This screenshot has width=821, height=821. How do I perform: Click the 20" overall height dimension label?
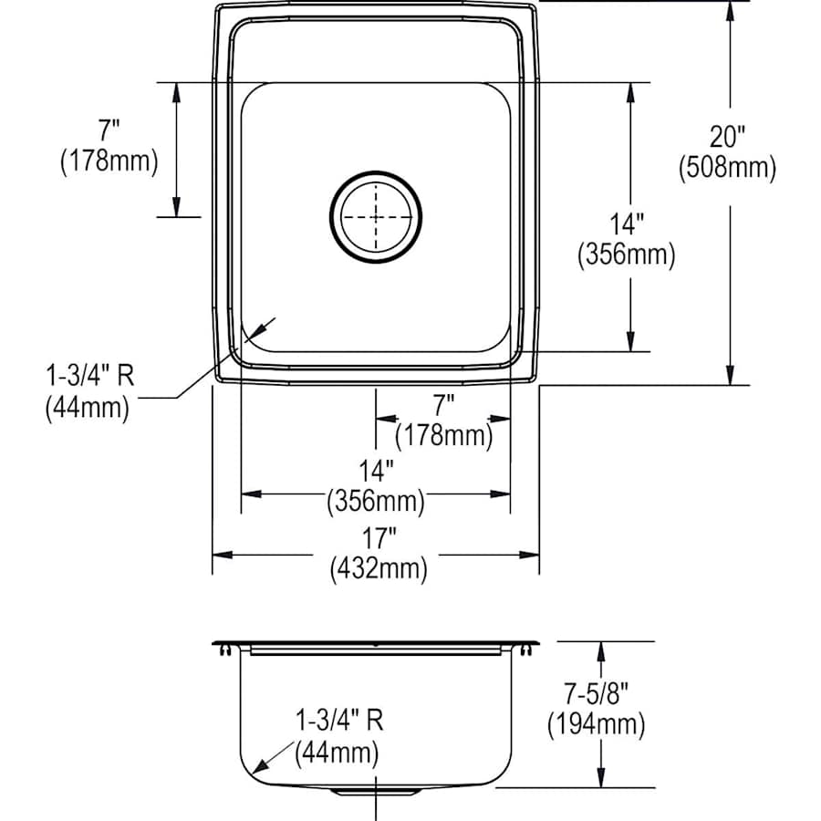pyautogui.click(x=728, y=137)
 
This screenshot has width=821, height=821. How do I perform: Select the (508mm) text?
pyautogui.click(x=727, y=167)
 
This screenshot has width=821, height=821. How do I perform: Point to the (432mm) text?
pyautogui.click(x=378, y=569)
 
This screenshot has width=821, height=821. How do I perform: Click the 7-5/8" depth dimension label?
pyautogui.click(x=597, y=695)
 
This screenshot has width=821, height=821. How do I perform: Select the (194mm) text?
pyautogui.click(x=597, y=725)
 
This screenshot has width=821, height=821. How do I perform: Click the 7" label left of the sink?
pyautogui.click(x=109, y=132)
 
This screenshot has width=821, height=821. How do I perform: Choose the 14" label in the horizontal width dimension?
pyautogui.click(x=376, y=471)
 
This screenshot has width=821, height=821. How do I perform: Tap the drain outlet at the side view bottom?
pyautogui.click(x=376, y=790)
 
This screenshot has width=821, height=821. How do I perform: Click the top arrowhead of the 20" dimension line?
pyautogui.click(x=729, y=9)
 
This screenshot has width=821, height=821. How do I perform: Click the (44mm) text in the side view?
pyautogui.click(x=336, y=753)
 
